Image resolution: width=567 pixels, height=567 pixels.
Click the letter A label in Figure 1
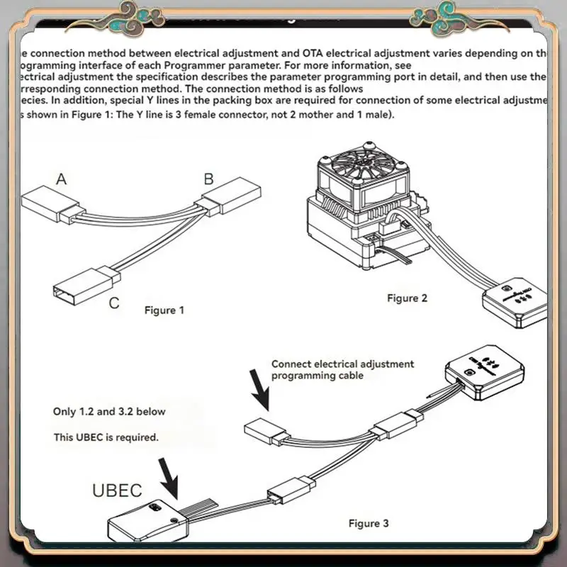[x=62, y=179]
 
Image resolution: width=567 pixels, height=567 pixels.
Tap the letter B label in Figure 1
[x=209, y=179]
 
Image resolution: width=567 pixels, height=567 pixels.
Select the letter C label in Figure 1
[x=113, y=304]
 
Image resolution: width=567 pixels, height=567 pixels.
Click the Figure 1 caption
[x=164, y=310]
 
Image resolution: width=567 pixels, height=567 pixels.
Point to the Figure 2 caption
[x=407, y=298]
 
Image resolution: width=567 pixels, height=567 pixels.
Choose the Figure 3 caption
[x=369, y=524]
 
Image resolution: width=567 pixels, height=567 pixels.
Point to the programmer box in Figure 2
[x=515, y=298]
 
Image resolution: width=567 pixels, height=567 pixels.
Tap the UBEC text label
[x=118, y=490]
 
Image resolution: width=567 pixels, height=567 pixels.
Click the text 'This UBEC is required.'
[x=106, y=437]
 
